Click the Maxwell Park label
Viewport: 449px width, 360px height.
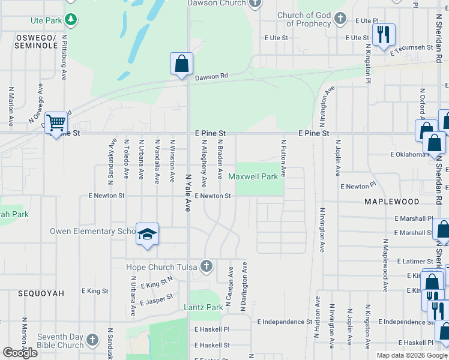click(253, 177)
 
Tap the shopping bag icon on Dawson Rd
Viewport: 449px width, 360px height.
click(181, 64)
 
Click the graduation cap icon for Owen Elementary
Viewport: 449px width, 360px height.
click(146, 234)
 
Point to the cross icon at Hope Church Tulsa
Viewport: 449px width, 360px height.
click(206, 266)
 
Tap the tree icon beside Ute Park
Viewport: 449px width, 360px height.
click(71, 20)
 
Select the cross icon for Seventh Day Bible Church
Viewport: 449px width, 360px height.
click(92, 340)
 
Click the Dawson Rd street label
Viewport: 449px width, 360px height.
click(211, 77)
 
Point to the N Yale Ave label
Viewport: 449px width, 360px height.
click(187, 193)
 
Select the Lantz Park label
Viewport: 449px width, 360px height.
click(203, 308)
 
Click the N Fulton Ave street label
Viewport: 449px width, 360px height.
click(283, 158)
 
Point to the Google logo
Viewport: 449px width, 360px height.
click(20, 352)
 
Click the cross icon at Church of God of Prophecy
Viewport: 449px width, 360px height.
click(340, 18)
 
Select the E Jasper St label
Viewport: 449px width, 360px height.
click(156, 299)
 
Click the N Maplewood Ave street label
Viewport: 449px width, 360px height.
click(384, 258)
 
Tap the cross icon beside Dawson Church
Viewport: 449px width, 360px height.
click(256, 3)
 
